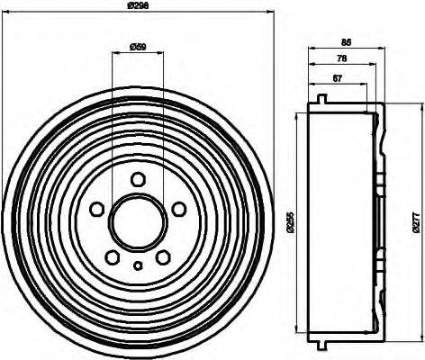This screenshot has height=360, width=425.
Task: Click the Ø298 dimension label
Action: coord(138,5)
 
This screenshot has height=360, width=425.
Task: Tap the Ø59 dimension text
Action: coord(138,46)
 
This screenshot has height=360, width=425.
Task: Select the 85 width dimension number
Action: coord(346,41)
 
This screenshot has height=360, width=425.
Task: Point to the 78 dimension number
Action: coord(341,59)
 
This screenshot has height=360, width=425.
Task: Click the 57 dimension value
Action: coord(337,78)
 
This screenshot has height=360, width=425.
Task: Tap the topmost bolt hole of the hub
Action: coord(138,179)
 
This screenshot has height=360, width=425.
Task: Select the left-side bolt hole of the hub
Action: coord(97,209)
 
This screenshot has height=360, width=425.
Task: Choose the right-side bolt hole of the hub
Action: coord(178,209)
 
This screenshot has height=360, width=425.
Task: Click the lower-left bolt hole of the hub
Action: coord(113,256)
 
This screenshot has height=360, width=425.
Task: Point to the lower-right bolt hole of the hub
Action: coord(162,256)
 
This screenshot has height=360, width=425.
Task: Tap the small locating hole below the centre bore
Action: coord(138,265)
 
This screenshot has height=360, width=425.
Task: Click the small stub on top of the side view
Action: coord(321,100)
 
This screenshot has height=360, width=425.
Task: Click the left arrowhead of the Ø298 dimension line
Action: coord(6,12)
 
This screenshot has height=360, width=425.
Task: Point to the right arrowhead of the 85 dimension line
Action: coord(386,49)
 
